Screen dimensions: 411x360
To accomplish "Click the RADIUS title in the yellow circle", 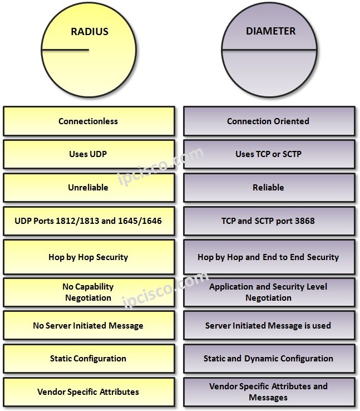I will (x=89, y=31).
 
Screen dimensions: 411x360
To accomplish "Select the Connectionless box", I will (x=88, y=121).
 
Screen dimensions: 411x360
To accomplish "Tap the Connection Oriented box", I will (x=268, y=121).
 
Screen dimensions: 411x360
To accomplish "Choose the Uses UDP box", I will (x=88, y=154).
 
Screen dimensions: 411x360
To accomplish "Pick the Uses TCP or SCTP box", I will (x=268, y=154).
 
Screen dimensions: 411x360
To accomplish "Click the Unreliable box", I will (x=88, y=188).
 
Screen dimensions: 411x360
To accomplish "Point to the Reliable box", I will (x=268, y=188).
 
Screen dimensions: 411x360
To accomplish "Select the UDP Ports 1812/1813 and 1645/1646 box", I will (x=88, y=221).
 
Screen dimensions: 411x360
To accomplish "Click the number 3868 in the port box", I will (x=303, y=221).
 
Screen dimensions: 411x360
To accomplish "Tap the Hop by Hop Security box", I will (x=88, y=257).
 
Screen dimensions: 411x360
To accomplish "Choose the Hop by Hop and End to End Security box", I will (x=268, y=257).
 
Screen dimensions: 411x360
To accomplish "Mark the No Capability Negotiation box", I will (x=88, y=292).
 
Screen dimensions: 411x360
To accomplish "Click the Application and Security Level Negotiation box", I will (x=268, y=292).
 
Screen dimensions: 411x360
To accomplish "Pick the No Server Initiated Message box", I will (x=88, y=325).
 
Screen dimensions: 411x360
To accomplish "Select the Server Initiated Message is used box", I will (x=268, y=325).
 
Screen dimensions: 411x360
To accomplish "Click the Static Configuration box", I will (x=88, y=359).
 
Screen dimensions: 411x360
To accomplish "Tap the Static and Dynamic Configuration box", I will (x=268, y=359).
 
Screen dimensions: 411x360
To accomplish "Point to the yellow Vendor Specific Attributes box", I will (x=88, y=392).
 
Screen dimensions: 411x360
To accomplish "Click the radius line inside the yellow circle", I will (x=66, y=50).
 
